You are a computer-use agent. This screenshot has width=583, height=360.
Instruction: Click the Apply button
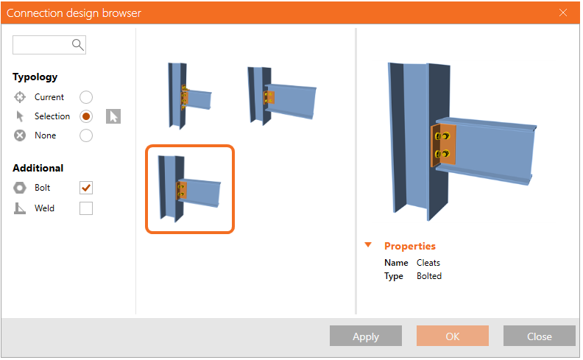366,336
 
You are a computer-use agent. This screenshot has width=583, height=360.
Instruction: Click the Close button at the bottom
539,336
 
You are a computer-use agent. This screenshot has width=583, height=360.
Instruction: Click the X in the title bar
563,13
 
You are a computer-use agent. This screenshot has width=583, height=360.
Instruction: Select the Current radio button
86,97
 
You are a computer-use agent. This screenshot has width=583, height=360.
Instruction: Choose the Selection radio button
86,116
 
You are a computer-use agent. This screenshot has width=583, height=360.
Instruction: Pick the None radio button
86,135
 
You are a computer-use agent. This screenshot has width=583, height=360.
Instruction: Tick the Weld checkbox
86,208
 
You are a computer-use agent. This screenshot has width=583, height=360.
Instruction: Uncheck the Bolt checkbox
86,188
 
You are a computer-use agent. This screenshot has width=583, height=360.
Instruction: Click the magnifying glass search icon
78,45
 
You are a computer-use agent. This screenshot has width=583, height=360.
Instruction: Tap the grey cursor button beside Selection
113,116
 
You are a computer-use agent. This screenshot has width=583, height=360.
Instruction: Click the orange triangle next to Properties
368,244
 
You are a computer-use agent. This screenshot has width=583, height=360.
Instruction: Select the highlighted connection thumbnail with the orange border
190,189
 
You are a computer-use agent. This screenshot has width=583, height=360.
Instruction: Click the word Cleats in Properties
428,263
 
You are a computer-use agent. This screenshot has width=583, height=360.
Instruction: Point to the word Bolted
429,276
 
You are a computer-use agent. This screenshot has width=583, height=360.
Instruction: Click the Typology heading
35,77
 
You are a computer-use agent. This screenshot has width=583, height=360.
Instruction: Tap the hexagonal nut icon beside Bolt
20,188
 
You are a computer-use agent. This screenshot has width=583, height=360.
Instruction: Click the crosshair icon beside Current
20,97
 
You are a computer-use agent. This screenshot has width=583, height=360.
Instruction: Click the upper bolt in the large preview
442,136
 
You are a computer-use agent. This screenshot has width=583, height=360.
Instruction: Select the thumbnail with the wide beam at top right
281,95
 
